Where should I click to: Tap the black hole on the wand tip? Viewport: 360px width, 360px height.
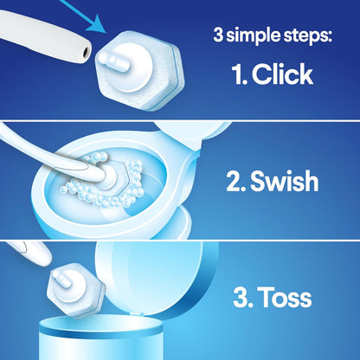85,54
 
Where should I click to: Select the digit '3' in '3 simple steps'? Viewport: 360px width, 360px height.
220,36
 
